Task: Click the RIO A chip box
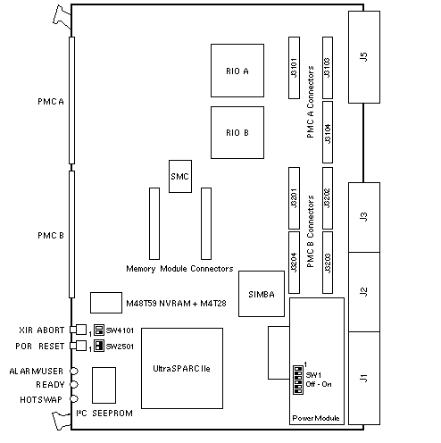(237, 71)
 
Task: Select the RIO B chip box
(237, 132)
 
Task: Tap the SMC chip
(180, 176)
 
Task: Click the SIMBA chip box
(262, 294)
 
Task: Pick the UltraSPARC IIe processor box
(182, 368)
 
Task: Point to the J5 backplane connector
(364, 57)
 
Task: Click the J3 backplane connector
(364, 217)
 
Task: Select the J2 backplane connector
(364, 292)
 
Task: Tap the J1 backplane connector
(364, 378)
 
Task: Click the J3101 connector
(294, 68)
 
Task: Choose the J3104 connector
(328, 132)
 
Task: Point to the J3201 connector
(294, 198)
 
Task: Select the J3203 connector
(328, 263)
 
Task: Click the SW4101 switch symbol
(99, 330)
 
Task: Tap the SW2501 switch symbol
(99, 346)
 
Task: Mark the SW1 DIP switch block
(298, 380)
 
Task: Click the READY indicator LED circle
(74, 384)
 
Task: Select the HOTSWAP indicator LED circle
(74, 398)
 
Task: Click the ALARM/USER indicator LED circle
(74, 371)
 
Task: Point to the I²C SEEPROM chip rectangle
(104, 385)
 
